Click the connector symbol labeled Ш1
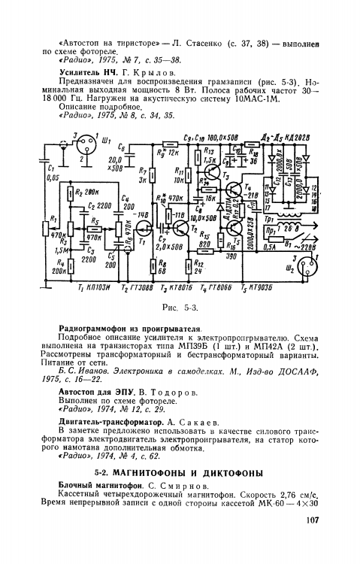point(85,144)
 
